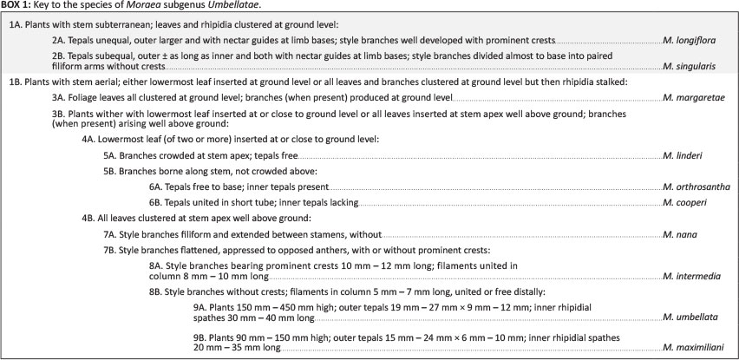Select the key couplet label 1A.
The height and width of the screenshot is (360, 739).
click(16, 24)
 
